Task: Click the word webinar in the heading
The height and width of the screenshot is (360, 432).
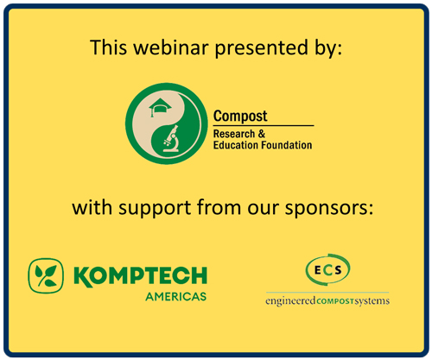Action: [x=171, y=47]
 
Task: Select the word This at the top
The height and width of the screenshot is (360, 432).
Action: [x=108, y=47]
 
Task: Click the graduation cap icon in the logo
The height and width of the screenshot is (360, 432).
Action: [x=160, y=107]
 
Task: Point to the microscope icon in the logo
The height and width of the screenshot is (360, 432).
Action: [x=171, y=138]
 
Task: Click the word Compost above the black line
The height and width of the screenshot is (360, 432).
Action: [x=240, y=117]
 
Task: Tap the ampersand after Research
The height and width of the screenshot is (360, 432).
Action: [x=261, y=134]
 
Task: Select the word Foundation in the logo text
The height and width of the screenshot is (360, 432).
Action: [x=287, y=145]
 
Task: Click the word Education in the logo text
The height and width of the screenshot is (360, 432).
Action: [x=237, y=145]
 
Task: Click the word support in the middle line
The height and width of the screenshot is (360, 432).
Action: [x=155, y=209]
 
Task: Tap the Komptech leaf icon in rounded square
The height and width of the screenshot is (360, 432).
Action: [x=46, y=275]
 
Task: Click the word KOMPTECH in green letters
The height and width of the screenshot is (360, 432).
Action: [x=140, y=276]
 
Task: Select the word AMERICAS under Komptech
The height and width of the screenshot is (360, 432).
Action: [x=176, y=297]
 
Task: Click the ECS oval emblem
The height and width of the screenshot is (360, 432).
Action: [x=327, y=269]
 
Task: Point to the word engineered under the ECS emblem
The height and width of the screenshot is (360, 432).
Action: [x=290, y=301]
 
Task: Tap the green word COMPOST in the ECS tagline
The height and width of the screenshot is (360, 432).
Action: [x=335, y=301]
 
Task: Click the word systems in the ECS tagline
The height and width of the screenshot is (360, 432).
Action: [x=372, y=301]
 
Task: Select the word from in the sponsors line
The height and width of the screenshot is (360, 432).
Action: [x=219, y=207]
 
